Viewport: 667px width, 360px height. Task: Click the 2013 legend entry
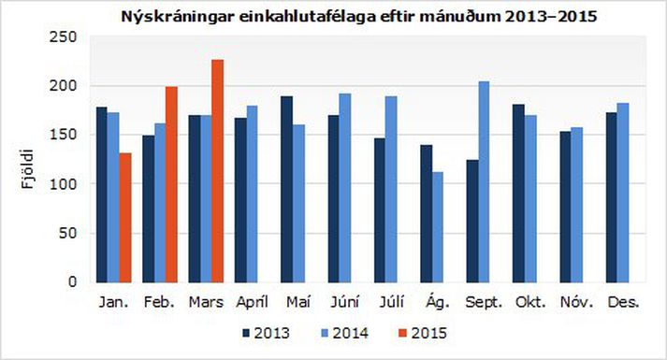coord(265,332)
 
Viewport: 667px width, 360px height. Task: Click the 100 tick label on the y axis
coord(65,184)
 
